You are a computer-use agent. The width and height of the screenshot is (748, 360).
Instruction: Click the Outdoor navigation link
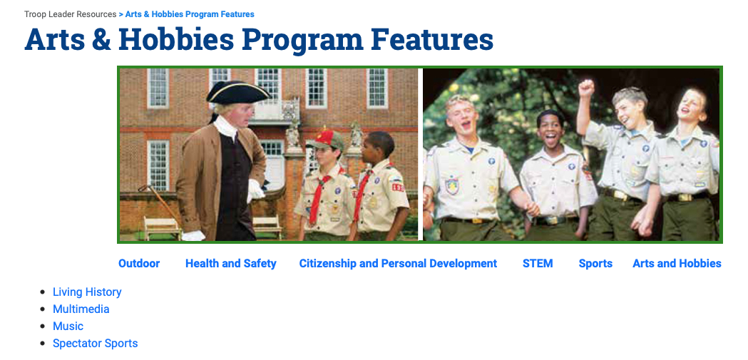[x=139, y=263]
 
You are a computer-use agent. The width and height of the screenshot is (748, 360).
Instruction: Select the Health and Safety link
[x=231, y=263]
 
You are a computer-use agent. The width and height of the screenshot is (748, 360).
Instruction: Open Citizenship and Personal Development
[x=398, y=263]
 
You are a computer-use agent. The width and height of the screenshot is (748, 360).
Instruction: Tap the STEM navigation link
[x=538, y=263]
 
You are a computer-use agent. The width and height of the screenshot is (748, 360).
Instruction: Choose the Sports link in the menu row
[x=595, y=264]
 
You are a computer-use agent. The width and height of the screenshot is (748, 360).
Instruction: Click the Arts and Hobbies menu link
[x=677, y=263]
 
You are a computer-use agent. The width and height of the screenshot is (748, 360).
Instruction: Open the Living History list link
[x=87, y=292]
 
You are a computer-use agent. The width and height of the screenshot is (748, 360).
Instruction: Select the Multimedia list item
[x=81, y=309]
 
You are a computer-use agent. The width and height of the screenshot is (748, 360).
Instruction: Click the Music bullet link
[x=68, y=326]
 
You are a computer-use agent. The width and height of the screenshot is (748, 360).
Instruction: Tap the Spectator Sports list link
[x=96, y=344]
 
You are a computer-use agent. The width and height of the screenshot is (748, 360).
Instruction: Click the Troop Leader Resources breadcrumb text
[x=70, y=14]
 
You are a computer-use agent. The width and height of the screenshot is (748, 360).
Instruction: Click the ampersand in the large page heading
[x=101, y=40]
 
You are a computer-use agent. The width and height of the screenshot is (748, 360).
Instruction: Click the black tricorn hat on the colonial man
[x=237, y=92]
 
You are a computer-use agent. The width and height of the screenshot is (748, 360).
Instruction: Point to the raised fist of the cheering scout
[x=586, y=88]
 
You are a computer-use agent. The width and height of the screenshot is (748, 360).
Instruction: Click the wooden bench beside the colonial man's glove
[x=162, y=228]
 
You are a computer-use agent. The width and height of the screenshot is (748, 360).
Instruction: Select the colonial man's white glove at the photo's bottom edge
[x=193, y=235]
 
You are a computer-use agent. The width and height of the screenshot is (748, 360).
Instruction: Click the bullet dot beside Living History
[x=43, y=292]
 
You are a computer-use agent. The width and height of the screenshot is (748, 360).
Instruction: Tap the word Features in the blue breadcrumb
[x=237, y=14]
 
